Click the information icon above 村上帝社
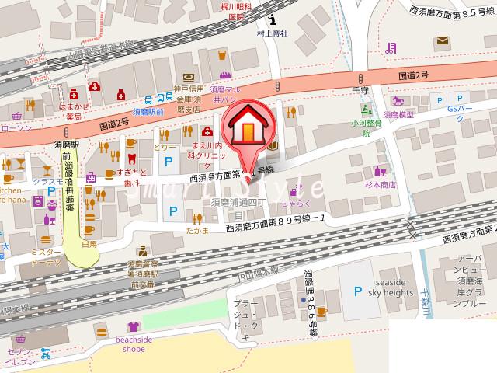point(272,21)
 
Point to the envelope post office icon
point(443,40)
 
